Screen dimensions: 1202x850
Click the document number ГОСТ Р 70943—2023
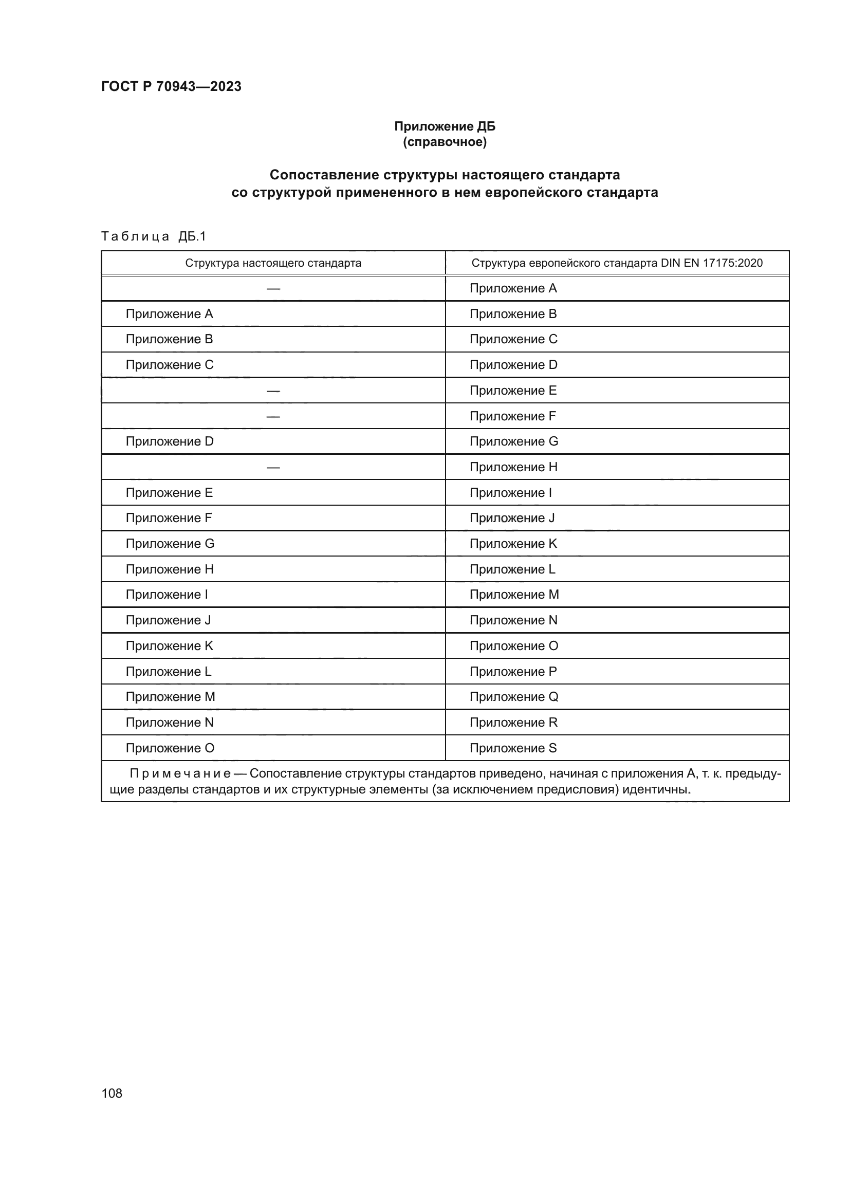click(171, 86)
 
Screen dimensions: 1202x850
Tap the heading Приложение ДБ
click(445, 126)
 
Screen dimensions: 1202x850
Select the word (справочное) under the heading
click(445, 142)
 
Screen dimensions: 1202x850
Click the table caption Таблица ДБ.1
click(153, 236)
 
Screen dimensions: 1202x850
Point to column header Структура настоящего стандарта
click(273, 263)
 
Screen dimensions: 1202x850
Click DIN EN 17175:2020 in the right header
click(711, 263)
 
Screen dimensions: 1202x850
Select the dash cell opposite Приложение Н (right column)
click(273, 467)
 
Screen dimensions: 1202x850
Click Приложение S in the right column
click(513, 748)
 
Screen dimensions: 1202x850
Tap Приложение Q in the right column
click(513, 697)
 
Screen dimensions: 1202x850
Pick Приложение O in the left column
click(170, 748)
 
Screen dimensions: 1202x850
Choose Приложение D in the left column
click(170, 441)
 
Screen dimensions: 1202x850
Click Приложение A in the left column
click(169, 314)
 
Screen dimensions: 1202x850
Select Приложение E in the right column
click(513, 391)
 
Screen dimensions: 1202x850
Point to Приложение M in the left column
click(170, 697)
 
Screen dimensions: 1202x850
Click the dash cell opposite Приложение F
click(273, 416)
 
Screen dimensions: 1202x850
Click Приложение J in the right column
click(512, 518)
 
